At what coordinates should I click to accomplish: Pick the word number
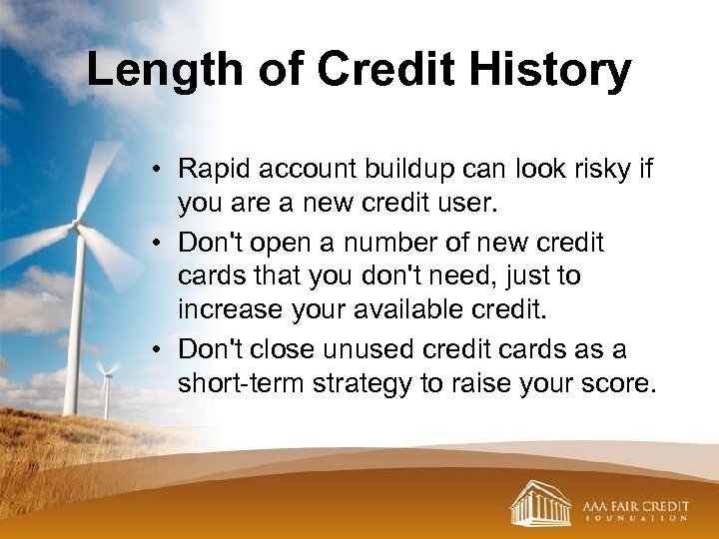[x=392, y=242]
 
